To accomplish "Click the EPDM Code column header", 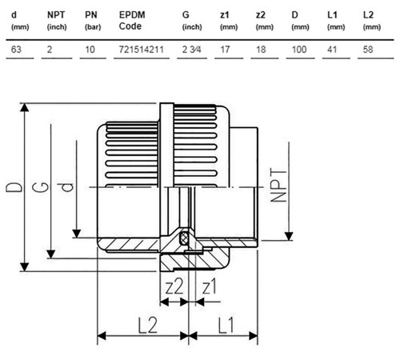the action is (132, 21).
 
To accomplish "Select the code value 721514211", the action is (141, 50).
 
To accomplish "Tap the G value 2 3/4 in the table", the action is (191, 50).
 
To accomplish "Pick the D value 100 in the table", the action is (299, 50).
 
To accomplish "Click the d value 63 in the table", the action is (16, 50).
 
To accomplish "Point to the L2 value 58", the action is (368, 50).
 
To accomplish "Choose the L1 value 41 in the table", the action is (332, 50).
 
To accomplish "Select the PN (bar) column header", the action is (93, 21).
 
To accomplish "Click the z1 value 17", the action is (225, 50).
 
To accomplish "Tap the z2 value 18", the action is (261, 50).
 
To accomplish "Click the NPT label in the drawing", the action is (278, 185).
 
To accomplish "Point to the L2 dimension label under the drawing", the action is (147, 325).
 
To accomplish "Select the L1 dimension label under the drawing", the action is (226, 325).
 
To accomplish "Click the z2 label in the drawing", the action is (174, 286).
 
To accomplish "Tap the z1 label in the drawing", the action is (210, 286).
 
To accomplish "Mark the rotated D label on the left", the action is (14, 187).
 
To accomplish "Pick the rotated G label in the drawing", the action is (41, 187).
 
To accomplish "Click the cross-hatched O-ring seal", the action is (183, 238).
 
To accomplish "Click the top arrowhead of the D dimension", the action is (25, 107).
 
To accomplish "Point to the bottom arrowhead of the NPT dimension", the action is (289, 236).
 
